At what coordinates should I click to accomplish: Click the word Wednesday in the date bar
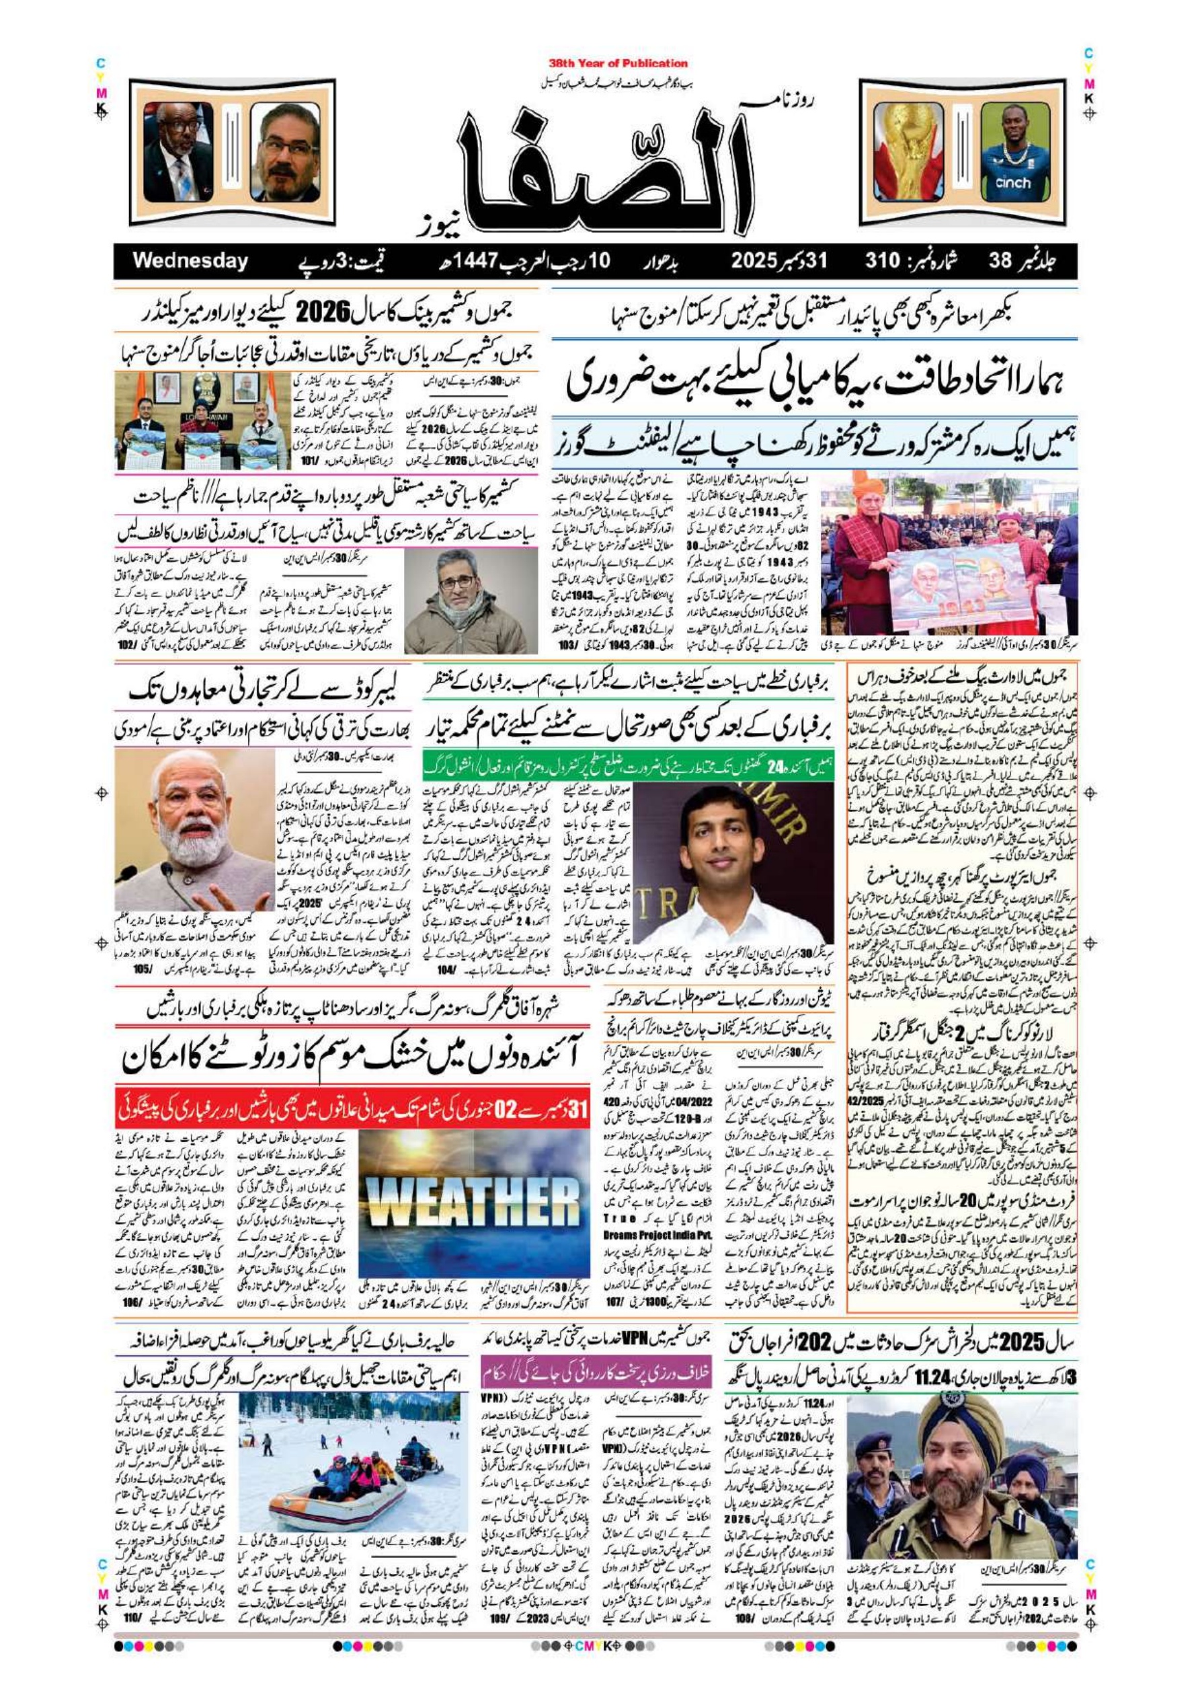click(190, 261)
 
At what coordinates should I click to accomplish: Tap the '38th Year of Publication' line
click(618, 64)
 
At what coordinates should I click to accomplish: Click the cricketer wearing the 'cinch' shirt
click(1013, 153)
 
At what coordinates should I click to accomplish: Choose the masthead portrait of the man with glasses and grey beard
click(284, 153)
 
